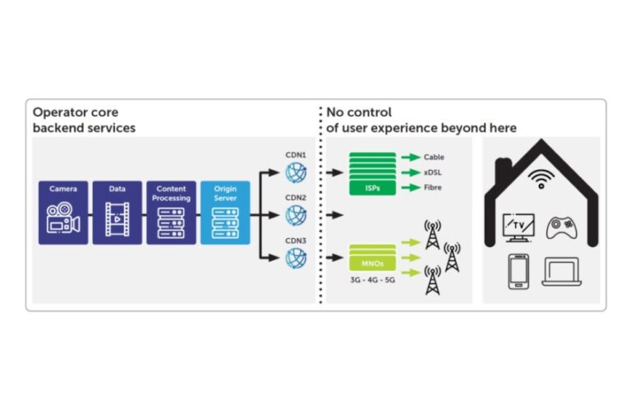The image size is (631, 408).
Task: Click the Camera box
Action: [63, 213]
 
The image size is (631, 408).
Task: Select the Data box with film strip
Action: [117, 213]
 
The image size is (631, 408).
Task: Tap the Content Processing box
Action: [171, 213]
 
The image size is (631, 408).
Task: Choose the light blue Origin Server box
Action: [225, 213]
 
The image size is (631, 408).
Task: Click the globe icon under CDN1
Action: [295, 172]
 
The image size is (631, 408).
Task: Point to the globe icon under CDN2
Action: [295, 215]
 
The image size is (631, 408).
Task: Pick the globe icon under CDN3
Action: [295, 258]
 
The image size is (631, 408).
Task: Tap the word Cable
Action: [434, 157]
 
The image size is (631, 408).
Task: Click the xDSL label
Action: [433, 173]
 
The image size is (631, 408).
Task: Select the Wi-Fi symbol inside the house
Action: [541, 179]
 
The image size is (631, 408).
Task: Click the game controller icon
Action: [561, 226]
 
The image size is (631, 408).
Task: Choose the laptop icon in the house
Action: [561, 272]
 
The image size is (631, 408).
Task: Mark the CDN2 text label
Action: [296, 198]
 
